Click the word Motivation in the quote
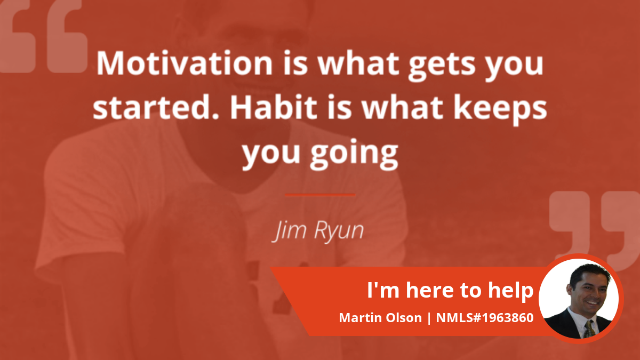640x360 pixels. [185, 63]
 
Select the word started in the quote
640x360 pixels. [156, 107]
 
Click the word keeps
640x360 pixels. [500, 110]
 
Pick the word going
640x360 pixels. [354, 154]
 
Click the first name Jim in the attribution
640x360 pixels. [290, 231]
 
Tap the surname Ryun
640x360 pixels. [339, 231]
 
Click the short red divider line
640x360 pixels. [320, 195]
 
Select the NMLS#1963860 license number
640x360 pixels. [485, 318]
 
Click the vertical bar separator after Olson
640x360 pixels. [429, 318]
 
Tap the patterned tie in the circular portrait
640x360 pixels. [589, 329]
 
